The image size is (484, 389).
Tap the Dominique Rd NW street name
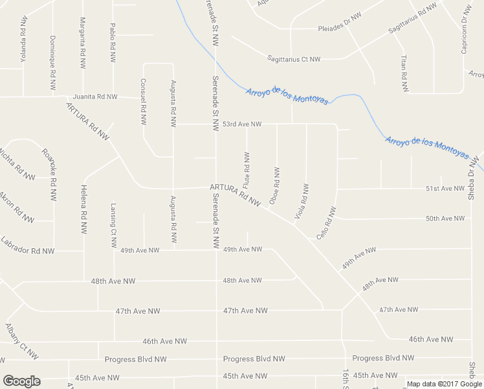[x=52, y=62]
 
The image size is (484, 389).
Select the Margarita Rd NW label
[x=83, y=43]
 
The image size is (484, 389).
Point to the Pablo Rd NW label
[x=113, y=38]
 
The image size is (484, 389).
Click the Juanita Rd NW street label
[x=95, y=97]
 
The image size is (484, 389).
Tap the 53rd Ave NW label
[x=242, y=124]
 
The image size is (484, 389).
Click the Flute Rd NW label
[x=247, y=172]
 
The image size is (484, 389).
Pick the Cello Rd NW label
[x=327, y=224]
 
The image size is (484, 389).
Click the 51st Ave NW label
[x=445, y=189]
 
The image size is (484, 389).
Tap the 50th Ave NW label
[x=445, y=218]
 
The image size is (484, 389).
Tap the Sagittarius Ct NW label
[x=294, y=60]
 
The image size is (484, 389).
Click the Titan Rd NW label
[x=404, y=68]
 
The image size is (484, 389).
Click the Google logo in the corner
[x=21, y=381]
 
